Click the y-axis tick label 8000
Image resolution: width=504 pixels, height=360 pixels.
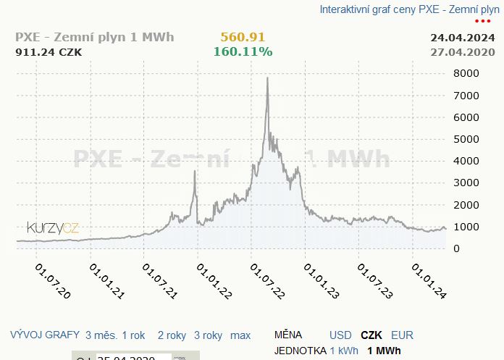(x=467, y=73)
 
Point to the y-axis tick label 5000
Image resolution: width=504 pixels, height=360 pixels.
(x=467, y=139)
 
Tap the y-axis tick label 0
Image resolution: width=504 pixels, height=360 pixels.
(x=456, y=248)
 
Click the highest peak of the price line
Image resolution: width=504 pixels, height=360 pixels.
(x=268, y=78)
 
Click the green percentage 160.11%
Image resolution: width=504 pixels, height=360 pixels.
(x=243, y=51)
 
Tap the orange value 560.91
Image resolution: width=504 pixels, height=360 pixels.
(x=243, y=37)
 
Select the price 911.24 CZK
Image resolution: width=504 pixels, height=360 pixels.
(x=49, y=51)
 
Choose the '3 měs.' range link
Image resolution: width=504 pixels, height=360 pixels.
(x=100, y=335)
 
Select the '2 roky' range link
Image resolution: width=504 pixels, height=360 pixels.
(x=172, y=335)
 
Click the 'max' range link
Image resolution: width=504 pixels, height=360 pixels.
(x=240, y=335)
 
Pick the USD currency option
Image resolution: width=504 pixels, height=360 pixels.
(x=340, y=335)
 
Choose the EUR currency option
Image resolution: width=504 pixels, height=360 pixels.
(x=403, y=335)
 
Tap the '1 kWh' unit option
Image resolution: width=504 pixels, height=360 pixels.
(x=344, y=351)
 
